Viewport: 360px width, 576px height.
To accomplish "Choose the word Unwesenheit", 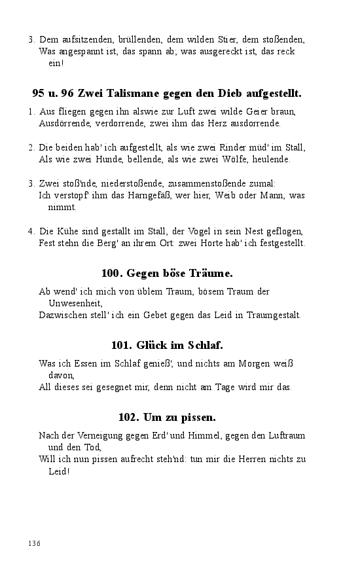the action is (x=75, y=303).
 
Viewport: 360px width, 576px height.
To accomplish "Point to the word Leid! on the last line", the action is (x=58, y=471).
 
